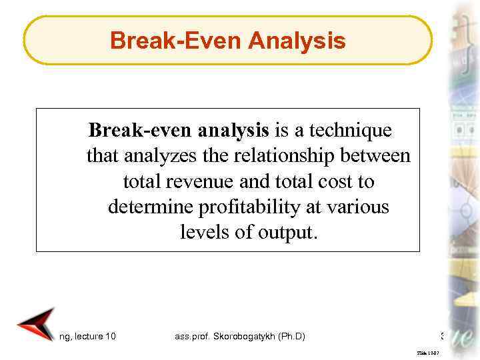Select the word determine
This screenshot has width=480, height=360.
[x=151, y=207]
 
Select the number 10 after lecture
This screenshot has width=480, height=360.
[x=110, y=336]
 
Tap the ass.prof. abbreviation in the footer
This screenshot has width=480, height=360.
[x=186, y=336]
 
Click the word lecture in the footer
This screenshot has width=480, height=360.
[x=87, y=336]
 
